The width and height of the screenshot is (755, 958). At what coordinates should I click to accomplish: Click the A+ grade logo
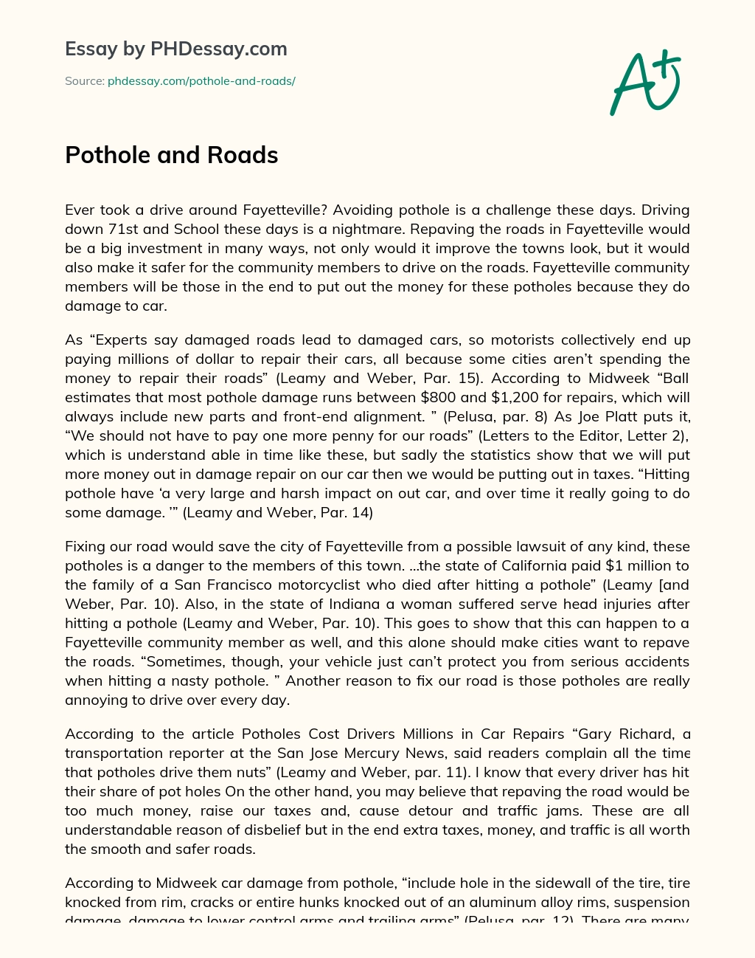[644, 83]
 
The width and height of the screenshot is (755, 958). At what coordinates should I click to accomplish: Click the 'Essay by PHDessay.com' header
[176, 49]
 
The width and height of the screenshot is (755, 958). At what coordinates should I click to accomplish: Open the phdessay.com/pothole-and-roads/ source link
[201, 81]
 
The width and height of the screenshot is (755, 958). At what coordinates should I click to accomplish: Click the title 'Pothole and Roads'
[172, 155]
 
